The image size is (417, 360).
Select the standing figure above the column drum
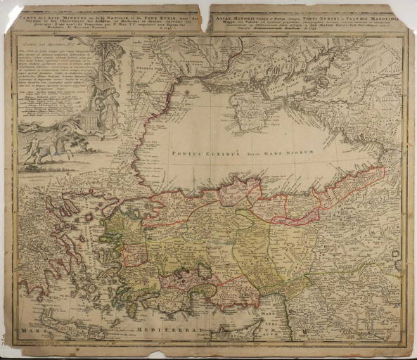[x=106, y=98]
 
